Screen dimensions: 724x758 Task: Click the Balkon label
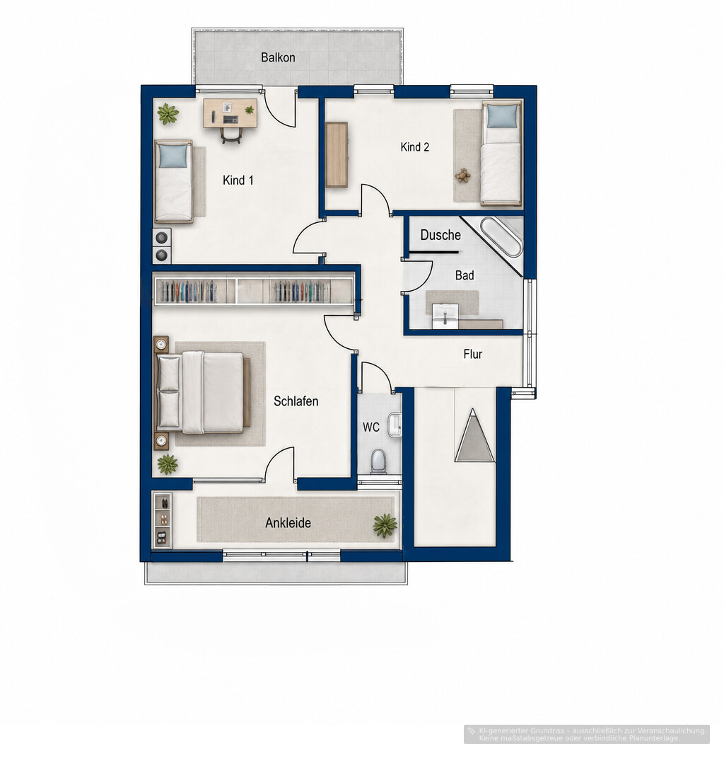point(278,57)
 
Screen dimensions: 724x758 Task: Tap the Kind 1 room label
point(238,180)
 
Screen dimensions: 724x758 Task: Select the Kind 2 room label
point(415,147)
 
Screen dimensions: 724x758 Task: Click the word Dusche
point(440,235)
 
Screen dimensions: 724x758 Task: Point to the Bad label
point(465,275)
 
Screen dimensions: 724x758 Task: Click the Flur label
point(473,355)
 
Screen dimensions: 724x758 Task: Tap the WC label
point(371,427)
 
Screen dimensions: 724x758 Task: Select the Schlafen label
point(296,401)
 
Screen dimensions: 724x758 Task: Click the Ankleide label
point(288,522)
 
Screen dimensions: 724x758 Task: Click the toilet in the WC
point(378,461)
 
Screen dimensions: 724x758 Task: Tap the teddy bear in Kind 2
point(463,176)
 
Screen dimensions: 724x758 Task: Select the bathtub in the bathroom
point(502,237)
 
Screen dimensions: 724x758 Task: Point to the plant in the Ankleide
point(385,525)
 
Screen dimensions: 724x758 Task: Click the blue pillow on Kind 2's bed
point(502,116)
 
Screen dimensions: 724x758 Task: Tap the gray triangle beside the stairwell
point(474,435)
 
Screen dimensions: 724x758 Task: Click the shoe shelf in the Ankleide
point(163,521)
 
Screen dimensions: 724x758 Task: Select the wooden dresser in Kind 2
point(337,155)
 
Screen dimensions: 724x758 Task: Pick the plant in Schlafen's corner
point(168,464)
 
